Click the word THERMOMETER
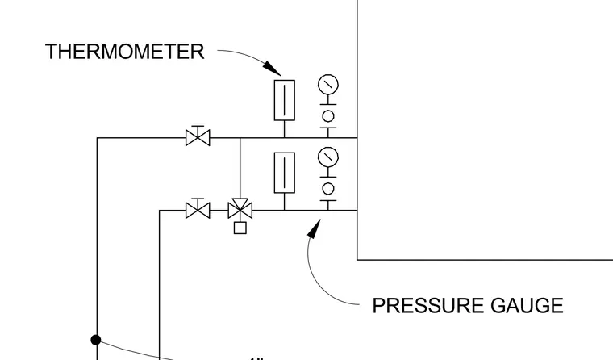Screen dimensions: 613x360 coord(125,52)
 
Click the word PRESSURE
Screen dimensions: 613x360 coord(428,306)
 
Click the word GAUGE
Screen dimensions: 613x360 coord(527,306)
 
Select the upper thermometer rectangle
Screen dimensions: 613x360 coord(285,100)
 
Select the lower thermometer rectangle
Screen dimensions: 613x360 coord(285,173)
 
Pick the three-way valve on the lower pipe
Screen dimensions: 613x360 coord(240,209)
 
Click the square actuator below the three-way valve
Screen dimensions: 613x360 coord(240,228)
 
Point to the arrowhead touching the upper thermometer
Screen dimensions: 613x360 coord(272,68)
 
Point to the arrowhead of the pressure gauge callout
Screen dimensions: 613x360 coord(315,228)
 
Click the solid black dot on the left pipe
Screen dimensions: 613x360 coord(96,340)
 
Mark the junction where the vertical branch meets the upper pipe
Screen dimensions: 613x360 coord(240,138)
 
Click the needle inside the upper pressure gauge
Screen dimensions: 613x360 coord(328,84)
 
